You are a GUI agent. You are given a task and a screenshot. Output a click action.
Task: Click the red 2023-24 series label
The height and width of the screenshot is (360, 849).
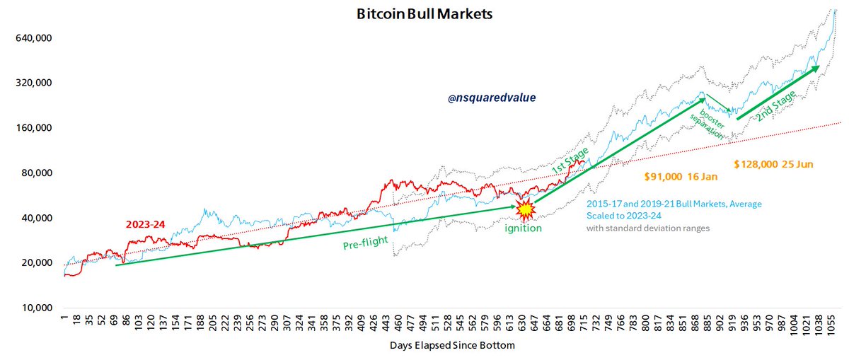[x=146, y=225]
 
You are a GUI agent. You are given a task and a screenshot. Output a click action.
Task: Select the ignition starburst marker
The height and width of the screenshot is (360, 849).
[x=525, y=209]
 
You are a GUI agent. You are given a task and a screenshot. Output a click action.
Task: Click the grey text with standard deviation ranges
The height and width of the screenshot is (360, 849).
[x=647, y=228]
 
